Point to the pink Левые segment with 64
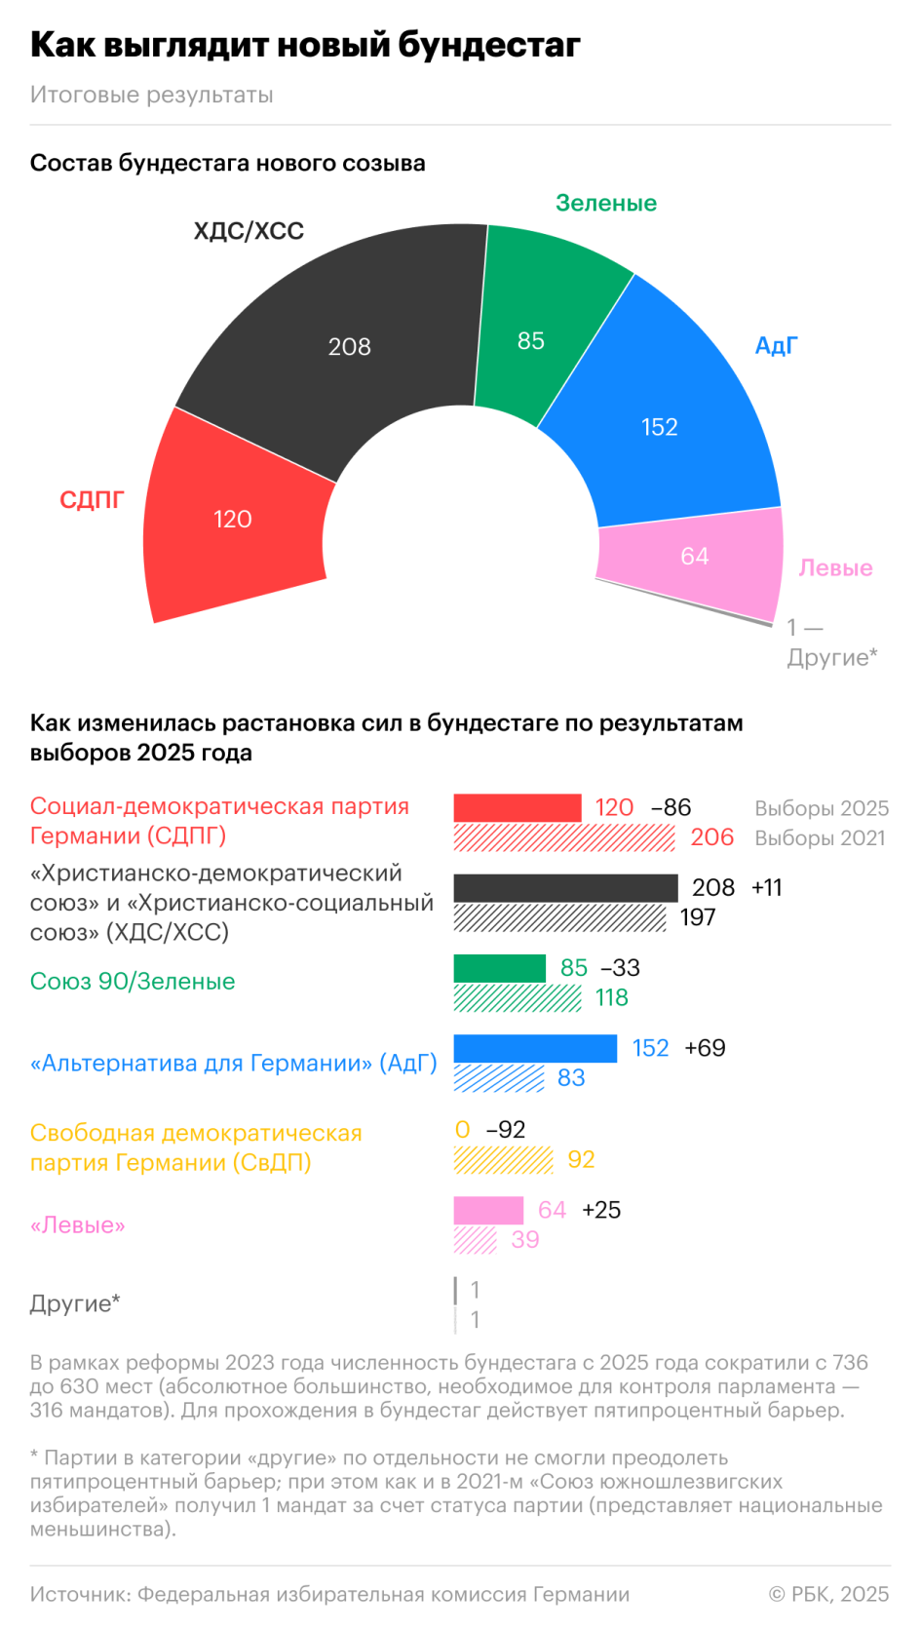pyautogui.click(x=694, y=558)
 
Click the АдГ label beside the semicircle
pyautogui.click(x=776, y=345)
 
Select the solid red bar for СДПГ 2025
pyautogui.click(x=518, y=807)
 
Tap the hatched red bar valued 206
pyautogui.click(x=563, y=837)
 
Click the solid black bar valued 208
pyautogui.click(x=565, y=887)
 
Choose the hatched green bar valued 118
pyautogui.click(x=518, y=997)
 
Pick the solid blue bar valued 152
pyautogui.click(x=535, y=1048)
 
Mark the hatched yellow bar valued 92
pyautogui.click(x=503, y=1159)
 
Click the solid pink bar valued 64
pyautogui.click(x=488, y=1210)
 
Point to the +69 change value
pyautogui.click(x=705, y=1048)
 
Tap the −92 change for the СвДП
pyautogui.click(x=506, y=1129)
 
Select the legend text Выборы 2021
pyautogui.click(x=820, y=837)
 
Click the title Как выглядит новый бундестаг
pyautogui.click(x=305, y=45)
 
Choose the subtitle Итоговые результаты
pyautogui.click(x=151, y=95)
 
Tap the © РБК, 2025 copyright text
pyautogui.click(x=828, y=1594)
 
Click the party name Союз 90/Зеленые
pyautogui.click(x=133, y=981)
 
